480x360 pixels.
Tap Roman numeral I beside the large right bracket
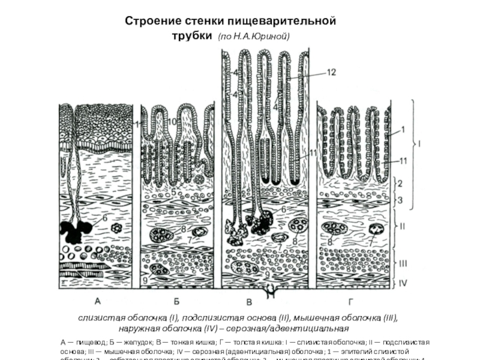pos(420,143)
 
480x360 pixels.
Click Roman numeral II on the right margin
pos(404,227)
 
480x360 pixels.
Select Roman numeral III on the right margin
pos(405,262)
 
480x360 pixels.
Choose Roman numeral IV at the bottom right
pos(405,280)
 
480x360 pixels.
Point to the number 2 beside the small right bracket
pos(402,182)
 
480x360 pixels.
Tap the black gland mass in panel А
pos(76,228)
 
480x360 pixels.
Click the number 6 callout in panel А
pos(104,219)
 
